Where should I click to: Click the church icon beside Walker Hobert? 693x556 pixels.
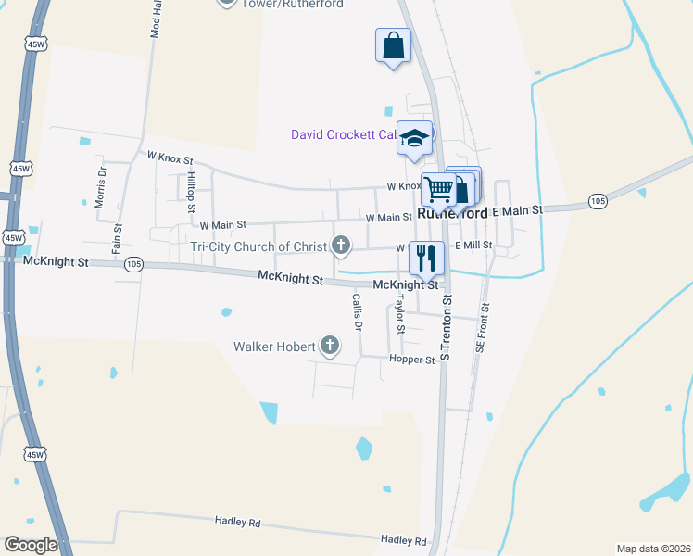pos(329,347)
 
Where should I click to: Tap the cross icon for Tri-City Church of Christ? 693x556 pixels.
pos(341,246)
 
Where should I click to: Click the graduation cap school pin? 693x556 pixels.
pos(414,138)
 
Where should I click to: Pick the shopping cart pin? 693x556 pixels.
pos(439,189)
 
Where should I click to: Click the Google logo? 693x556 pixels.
pos(30,545)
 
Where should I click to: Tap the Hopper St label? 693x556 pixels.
pos(412,360)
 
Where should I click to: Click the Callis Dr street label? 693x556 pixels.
pos(356,312)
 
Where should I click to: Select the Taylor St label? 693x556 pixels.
pos(400,316)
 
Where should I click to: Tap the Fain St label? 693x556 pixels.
pos(118,239)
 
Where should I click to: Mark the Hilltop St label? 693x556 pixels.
pos(190,186)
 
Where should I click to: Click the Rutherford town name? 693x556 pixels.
pos(453,213)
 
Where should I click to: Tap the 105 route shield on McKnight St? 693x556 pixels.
pos(134,263)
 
